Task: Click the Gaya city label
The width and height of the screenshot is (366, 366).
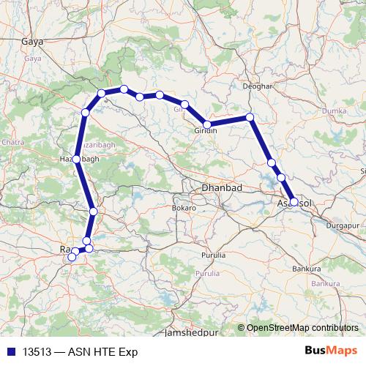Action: pyautogui.click(x=33, y=42)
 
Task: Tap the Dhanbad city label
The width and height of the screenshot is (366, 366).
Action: pyautogui.click(x=222, y=188)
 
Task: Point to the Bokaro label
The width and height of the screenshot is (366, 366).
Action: pyautogui.click(x=184, y=208)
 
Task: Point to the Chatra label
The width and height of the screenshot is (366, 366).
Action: pyautogui.click(x=13, y=141)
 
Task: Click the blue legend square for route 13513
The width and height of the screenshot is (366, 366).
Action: pyautogui.click(x=11, y=352)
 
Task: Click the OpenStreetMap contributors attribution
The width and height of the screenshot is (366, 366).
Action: pyautogui.click(x=302, y=328)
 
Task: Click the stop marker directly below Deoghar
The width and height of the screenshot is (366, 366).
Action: pyautogui.click(x=250, y=117)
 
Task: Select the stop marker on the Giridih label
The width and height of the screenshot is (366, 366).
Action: pyautogui.click(x=208, y=124)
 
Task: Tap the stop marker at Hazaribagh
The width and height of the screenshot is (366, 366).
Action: pyautogui.click(x=77, y=159)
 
